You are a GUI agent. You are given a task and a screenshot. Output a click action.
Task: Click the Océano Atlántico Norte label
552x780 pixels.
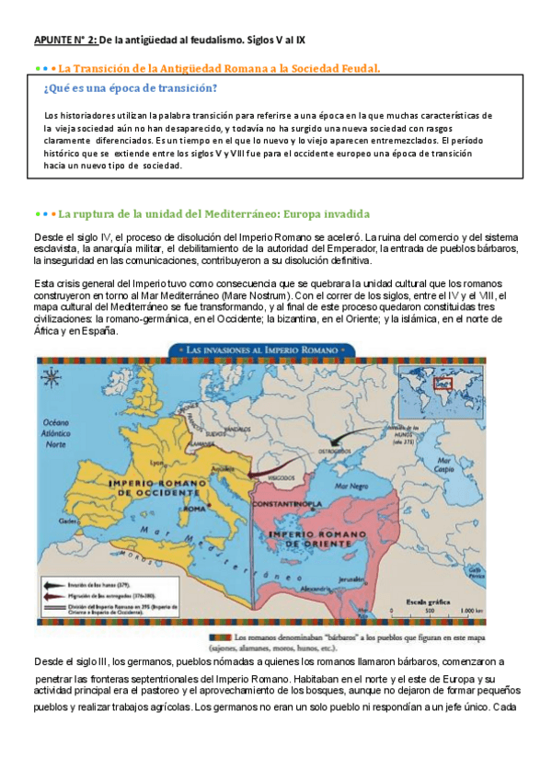click(54, 431)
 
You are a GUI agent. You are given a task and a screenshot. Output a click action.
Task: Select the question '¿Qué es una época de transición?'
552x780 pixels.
click(131, 88)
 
